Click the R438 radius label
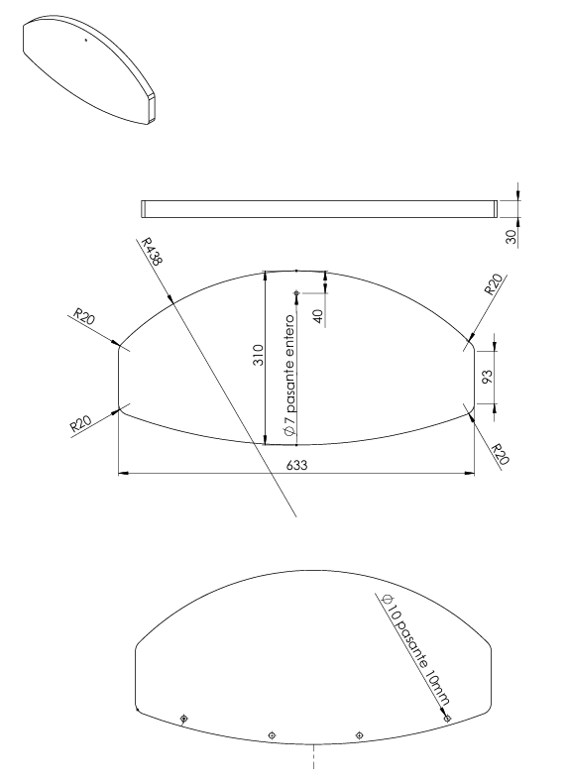coord(152,251)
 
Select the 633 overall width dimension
coord(296,465)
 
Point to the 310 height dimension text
coord(259,355)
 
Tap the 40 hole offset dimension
coord(318,316)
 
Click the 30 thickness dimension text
coord(511,238)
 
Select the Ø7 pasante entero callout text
coord(289,377)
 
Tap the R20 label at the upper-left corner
coord(84,316)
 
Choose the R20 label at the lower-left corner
coord(80,423)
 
